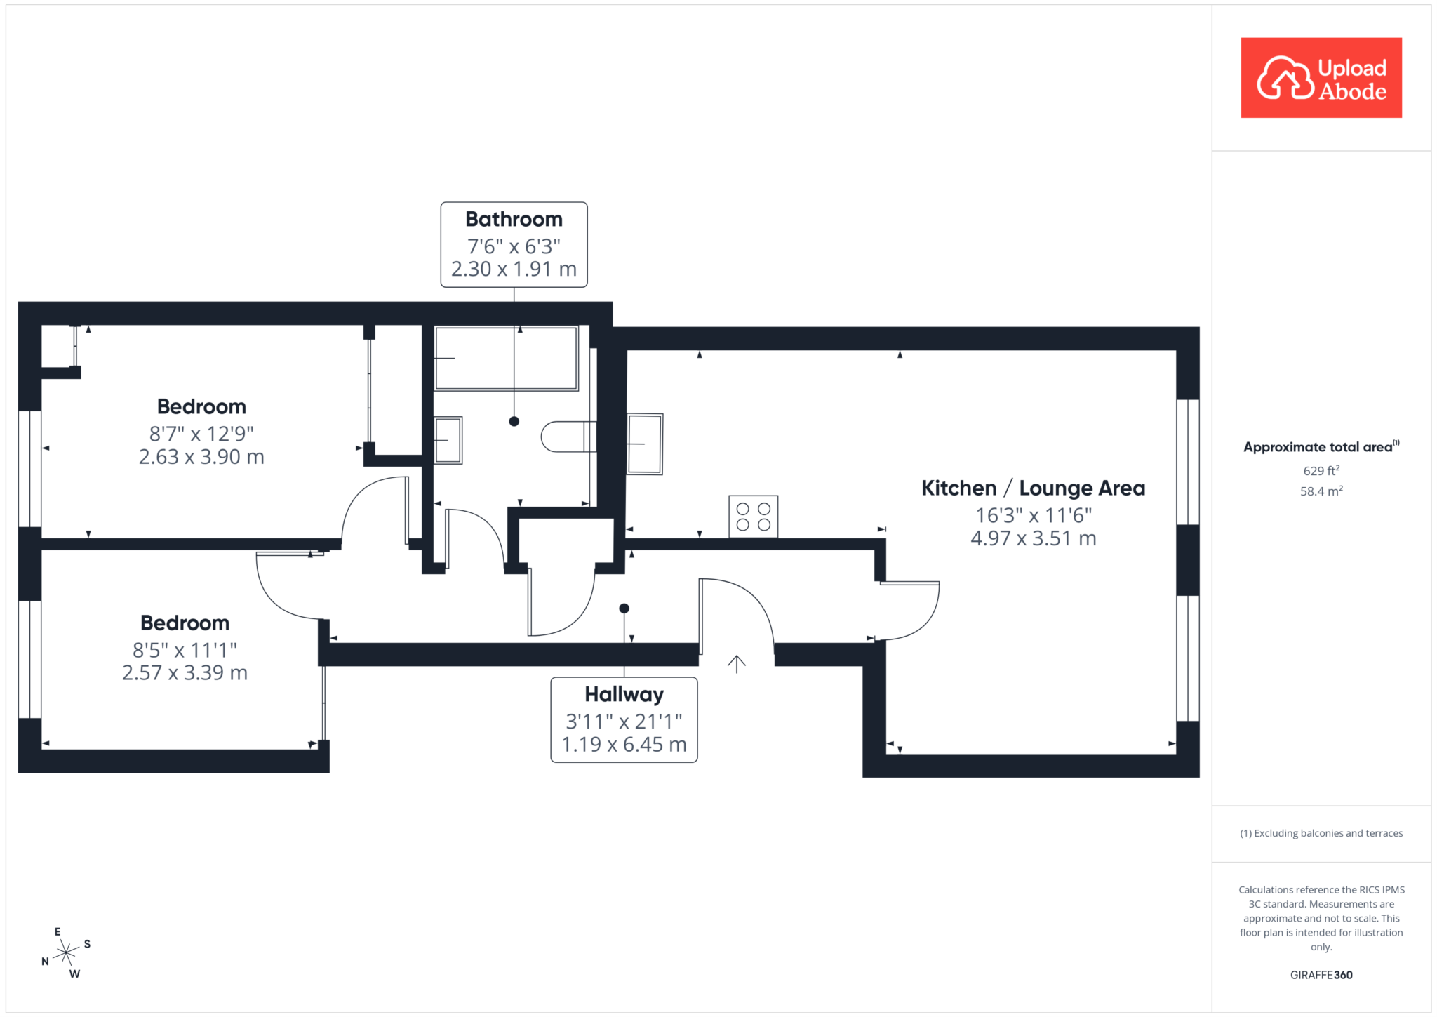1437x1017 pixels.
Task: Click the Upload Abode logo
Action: point(1321,78)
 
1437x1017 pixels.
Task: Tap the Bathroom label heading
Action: point(514,220)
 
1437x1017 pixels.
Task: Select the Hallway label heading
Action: point(624,695)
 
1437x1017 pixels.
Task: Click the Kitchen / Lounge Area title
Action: point(1033,488)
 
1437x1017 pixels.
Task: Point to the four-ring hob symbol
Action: point(754,517)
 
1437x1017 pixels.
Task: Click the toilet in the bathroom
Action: point(569,437)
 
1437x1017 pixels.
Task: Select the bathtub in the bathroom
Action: point(507,358)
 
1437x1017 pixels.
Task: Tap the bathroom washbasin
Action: point(448,440)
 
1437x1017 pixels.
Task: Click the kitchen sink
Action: point(645,444)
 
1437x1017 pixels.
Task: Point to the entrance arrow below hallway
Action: point(737,664)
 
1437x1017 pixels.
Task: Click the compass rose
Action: point(66,952)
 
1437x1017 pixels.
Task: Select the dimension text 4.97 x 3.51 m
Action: point(1034,539)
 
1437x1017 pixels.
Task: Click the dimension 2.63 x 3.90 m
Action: point(202,458)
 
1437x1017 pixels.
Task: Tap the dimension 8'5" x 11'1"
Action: point(185,651)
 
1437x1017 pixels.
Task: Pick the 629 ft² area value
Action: point(1321,471)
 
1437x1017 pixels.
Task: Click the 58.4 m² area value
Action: point(1321,491)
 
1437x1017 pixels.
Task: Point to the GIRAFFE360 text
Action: point(1321,975)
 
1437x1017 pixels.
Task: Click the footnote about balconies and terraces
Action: point(1321,833)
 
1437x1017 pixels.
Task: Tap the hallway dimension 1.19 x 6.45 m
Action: point(624,745)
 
